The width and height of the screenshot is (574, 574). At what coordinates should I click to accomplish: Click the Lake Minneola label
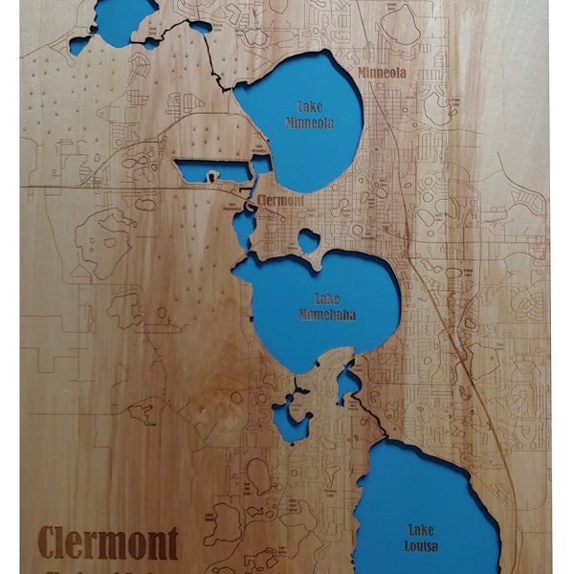310,115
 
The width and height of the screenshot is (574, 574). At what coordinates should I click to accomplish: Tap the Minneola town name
381,73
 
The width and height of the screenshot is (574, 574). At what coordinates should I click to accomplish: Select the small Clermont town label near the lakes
281,201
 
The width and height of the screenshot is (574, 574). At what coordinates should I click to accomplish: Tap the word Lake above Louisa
421,529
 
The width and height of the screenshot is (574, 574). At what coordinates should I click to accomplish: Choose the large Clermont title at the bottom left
108,543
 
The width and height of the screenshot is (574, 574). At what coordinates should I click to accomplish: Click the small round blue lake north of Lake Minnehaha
308,240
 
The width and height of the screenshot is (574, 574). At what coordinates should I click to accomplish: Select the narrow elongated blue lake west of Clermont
212,172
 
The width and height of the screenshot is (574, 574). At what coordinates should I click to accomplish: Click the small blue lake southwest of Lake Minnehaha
289,422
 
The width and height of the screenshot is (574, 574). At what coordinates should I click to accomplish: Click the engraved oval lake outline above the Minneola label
400,27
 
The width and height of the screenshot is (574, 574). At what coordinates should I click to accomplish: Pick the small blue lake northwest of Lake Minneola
200,28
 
